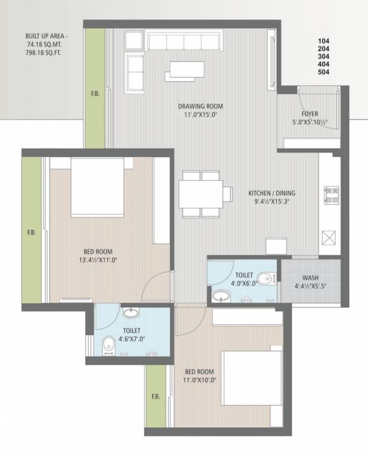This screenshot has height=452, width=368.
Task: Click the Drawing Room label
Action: click(201, 107)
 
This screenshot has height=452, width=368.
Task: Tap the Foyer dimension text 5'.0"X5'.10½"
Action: click(310, 123)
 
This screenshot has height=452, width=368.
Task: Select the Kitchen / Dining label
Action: click(272, 192)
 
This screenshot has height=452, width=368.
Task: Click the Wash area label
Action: click(310, 278)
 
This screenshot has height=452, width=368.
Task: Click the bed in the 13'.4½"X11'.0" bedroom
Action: click(98, 187)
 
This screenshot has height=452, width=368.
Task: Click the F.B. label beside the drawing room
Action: click(95, 93)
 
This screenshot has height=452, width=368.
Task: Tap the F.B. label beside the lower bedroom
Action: click(155, 396)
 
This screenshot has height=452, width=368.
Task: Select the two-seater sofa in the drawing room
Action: click(136, 71)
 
